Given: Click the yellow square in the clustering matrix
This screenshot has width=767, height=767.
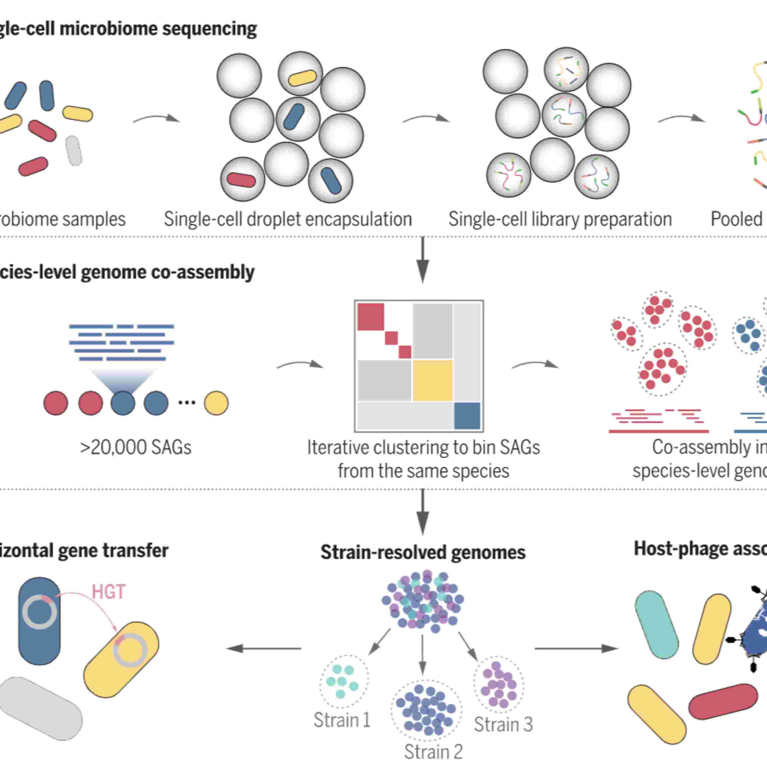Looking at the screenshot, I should (x=432, y=380).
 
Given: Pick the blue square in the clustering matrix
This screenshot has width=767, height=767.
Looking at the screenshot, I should (x=467, y=416).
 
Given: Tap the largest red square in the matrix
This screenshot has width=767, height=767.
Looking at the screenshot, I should (x=370, y=317).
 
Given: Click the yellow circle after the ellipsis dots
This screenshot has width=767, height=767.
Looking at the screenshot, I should (x=216, y=403).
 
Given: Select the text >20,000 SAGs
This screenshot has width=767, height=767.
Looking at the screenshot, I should (x=136, y=447).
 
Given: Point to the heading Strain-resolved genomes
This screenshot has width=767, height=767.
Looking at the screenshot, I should (x=423, y=552).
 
